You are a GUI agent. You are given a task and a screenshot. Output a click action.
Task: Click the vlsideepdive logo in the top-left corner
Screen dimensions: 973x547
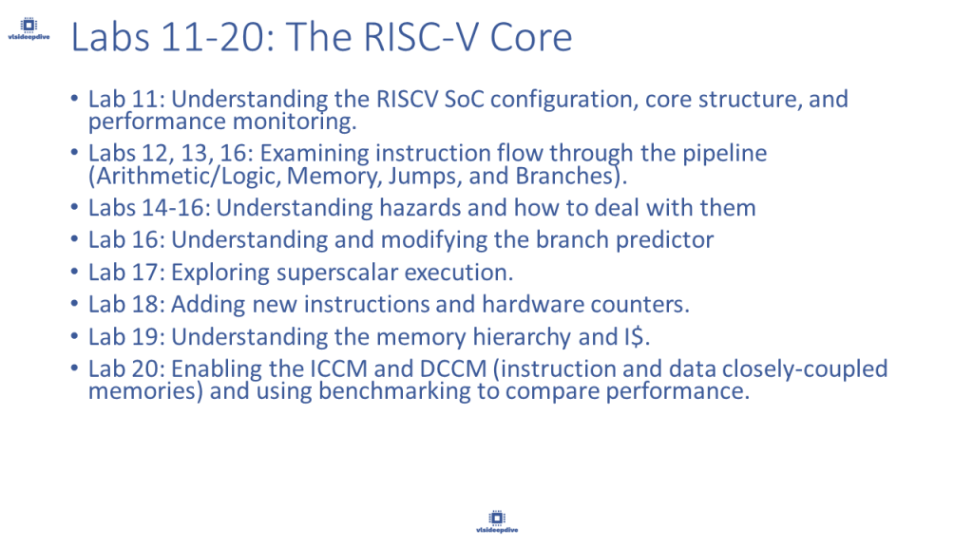[29, 28]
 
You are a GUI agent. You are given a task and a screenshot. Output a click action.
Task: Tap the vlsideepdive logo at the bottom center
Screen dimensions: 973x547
[497, 521]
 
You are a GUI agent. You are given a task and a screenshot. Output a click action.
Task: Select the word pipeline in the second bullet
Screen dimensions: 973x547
[725, 154]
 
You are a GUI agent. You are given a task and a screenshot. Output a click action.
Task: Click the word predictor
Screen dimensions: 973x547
[664, 240]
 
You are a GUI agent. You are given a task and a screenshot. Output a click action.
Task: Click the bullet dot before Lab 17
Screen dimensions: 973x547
[74, 272]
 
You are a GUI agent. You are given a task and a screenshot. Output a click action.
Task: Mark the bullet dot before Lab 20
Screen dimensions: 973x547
[74, 368]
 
